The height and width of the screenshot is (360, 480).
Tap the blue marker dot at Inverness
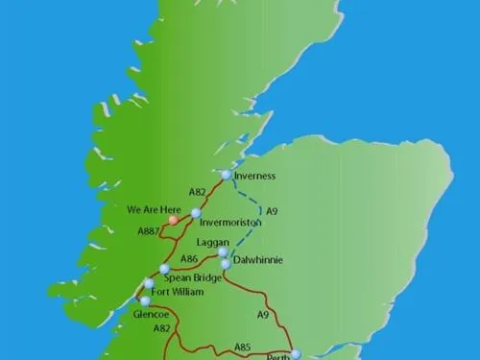click(x=226, y=175)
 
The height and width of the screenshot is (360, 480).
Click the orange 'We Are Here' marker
click(x=173, y=220)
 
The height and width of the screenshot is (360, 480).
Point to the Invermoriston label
click(x=230, y=222)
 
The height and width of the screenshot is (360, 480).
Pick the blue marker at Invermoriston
click(x=196, y=213)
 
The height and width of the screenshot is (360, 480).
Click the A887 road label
click(x=148, y=231)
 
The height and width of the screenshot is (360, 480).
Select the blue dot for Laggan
click(x=224, y=252)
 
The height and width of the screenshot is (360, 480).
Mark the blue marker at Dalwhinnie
click(x=226, y=264)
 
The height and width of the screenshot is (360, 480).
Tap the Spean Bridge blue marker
click(x=164, y=269)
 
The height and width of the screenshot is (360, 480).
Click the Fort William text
click(x=178, y=292)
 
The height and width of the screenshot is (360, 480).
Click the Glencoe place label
click(x=152, y=314)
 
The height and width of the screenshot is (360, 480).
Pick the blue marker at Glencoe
click(x=145, y=300)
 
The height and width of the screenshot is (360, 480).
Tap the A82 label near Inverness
click(x=198, y=192)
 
